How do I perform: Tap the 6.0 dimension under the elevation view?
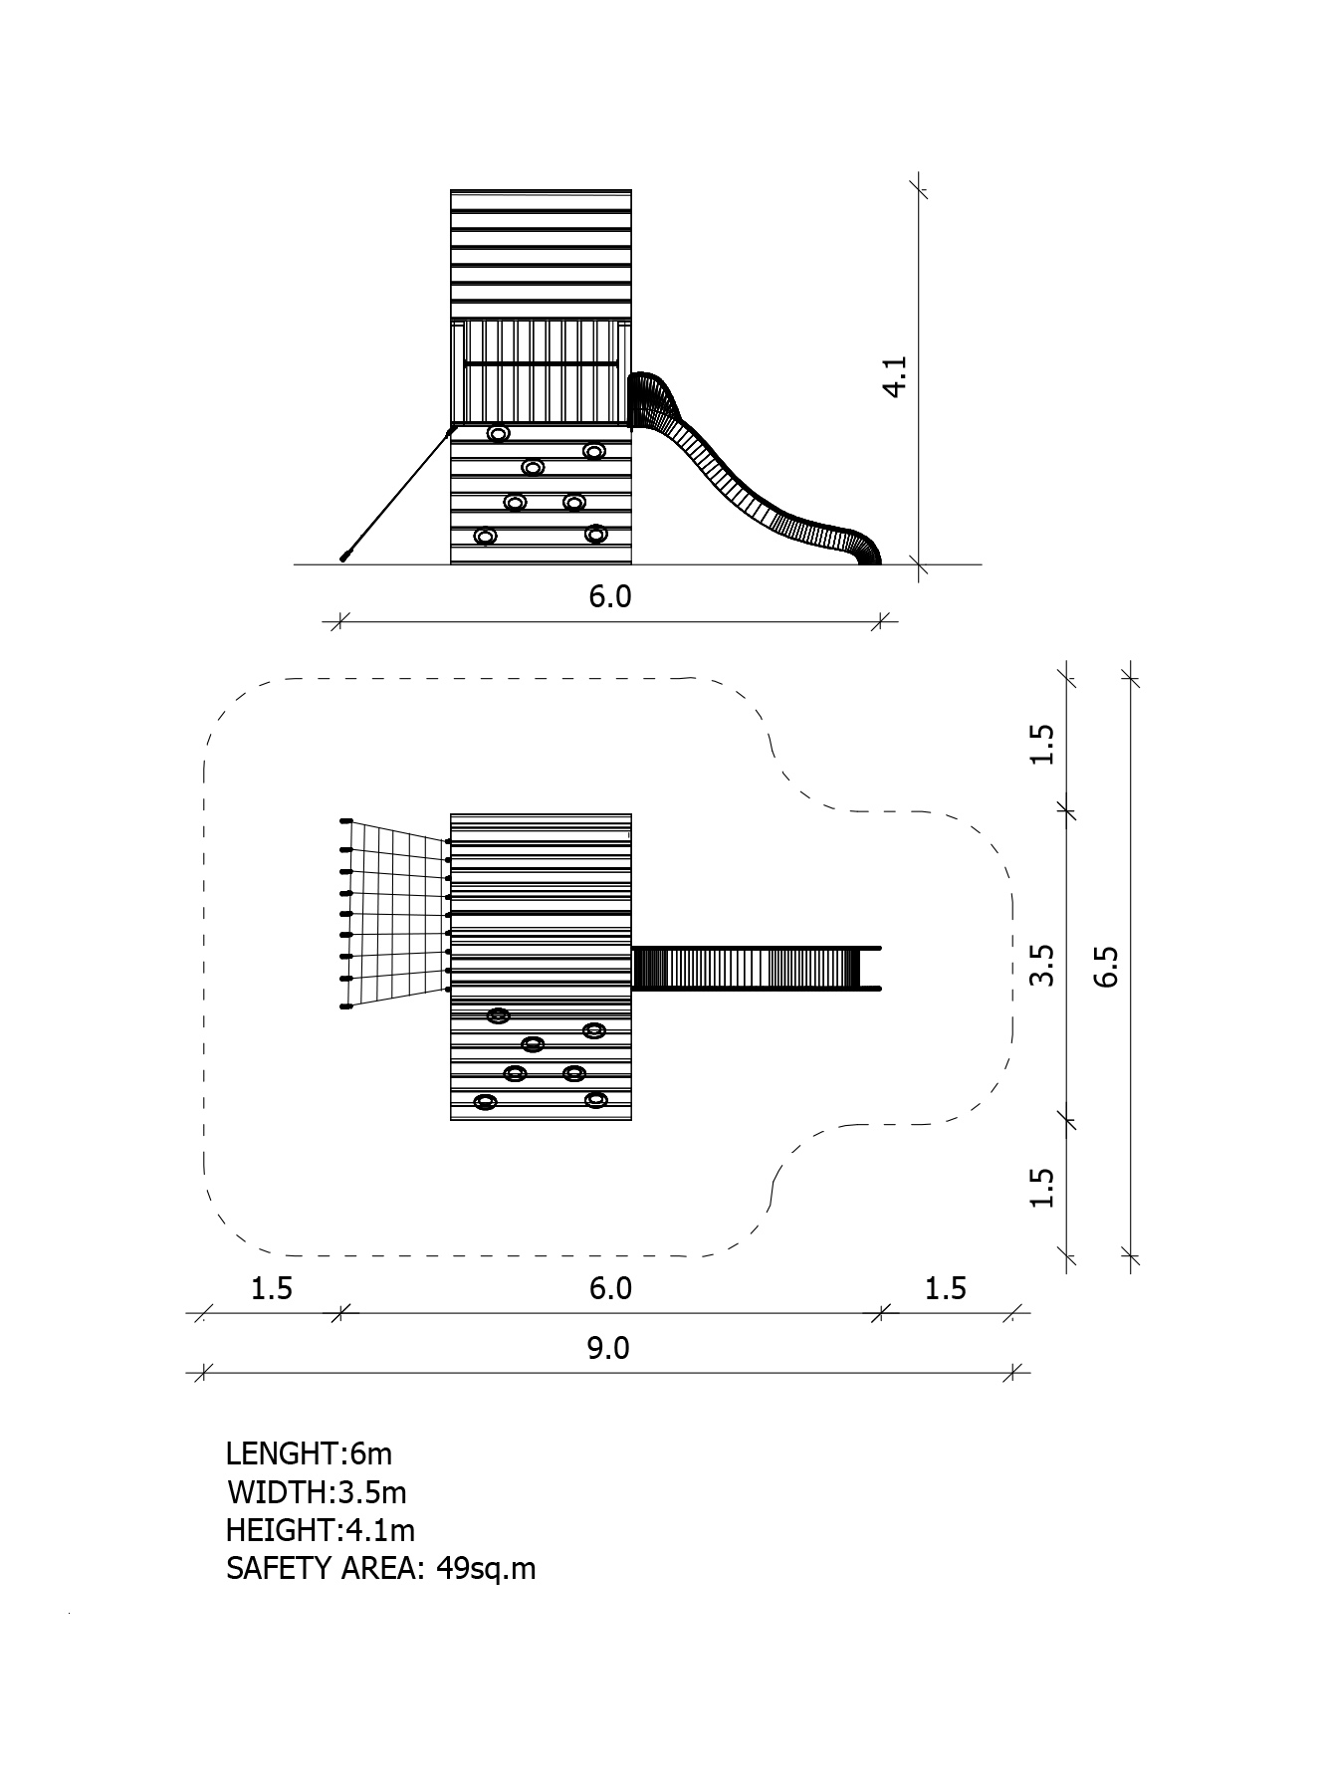click(610, 596)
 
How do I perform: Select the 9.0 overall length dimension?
click(608, 1348)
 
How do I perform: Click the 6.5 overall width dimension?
click(1106, 966)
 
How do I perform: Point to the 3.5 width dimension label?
click(1041, 966)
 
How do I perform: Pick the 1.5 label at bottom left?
click(271, 1288)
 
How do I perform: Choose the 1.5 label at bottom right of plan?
click(945, 1288)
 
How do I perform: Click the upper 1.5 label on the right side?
click(1041, 744)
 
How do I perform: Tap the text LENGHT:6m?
click(310, 1453)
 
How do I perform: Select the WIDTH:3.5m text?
click(317, 1492)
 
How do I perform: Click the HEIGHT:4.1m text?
click(321, 1529)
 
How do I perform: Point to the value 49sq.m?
click(486, 1569)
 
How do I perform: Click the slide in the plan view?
click(757, 968)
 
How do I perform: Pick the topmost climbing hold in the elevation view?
click(499, 434)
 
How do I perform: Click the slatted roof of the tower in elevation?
click(541, 254)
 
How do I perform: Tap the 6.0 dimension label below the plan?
click(610, 1288)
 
